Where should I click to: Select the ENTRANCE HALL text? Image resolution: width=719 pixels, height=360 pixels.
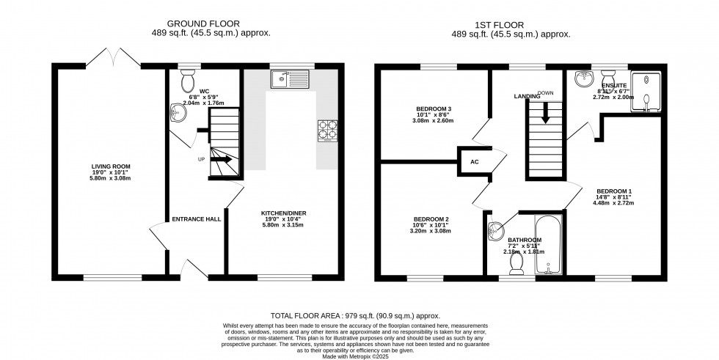(x=196, y=219)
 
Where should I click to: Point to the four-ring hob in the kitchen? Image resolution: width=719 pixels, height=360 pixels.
(x=326, y=130)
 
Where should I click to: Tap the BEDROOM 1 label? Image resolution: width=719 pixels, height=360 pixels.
(x=614, y=192)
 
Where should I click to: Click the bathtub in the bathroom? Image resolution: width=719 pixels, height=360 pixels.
(x=549, y=246)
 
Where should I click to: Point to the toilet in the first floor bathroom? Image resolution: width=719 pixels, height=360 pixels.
(x=516, y=264)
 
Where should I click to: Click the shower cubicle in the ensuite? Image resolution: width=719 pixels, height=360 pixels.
(x=646, y=92)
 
